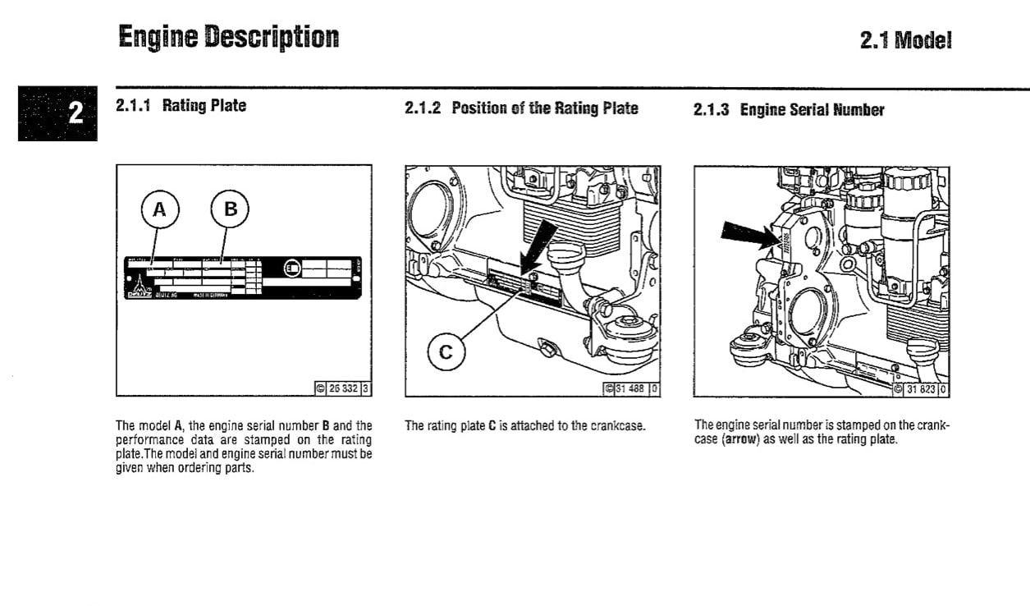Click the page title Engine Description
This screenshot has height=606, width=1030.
point(227,37)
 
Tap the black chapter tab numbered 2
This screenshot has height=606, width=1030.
point(57,112)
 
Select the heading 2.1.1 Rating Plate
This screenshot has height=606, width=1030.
point(181,105)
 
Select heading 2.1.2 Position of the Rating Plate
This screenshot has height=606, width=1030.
point(521,108)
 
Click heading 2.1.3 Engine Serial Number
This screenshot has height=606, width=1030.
point(789,110)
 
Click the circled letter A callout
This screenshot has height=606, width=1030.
point(159,210)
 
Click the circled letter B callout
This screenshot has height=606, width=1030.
point(231,210)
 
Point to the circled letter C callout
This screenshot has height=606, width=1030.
point(446,353)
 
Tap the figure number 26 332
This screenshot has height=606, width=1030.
point(344,388)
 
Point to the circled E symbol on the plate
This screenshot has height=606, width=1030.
point(291,268)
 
